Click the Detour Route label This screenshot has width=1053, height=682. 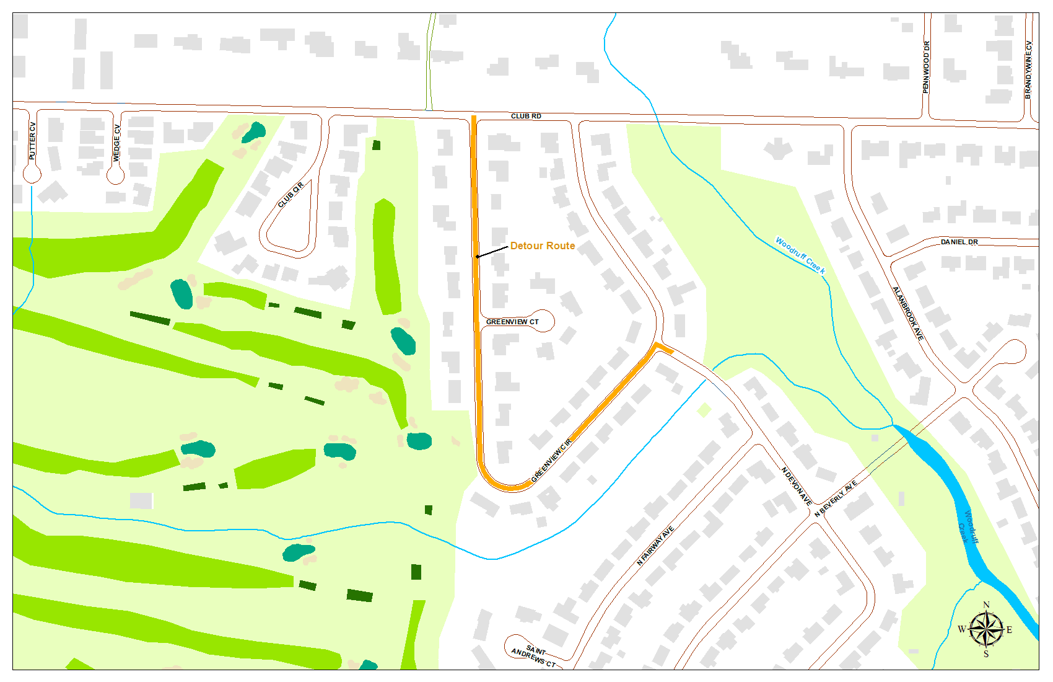543,246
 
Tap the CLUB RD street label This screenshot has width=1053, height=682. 526,116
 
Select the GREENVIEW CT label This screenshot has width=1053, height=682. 512,322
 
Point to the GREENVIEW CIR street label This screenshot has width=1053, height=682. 551,461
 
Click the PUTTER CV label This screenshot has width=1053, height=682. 33,141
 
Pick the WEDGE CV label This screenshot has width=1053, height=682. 116,143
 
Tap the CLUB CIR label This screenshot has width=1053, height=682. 291,195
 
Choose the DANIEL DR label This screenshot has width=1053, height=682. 959,242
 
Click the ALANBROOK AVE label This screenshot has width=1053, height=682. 907,313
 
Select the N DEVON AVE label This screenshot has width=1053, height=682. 797,487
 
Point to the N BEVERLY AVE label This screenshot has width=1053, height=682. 836,498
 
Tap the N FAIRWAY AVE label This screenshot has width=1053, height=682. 655,546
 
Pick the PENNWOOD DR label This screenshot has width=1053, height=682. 926,67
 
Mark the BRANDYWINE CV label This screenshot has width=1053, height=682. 1028,69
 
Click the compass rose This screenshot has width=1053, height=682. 985,629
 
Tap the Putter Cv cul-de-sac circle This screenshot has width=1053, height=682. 32,174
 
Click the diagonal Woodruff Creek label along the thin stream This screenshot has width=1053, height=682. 800,255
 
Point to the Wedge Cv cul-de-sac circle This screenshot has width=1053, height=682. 115,175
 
